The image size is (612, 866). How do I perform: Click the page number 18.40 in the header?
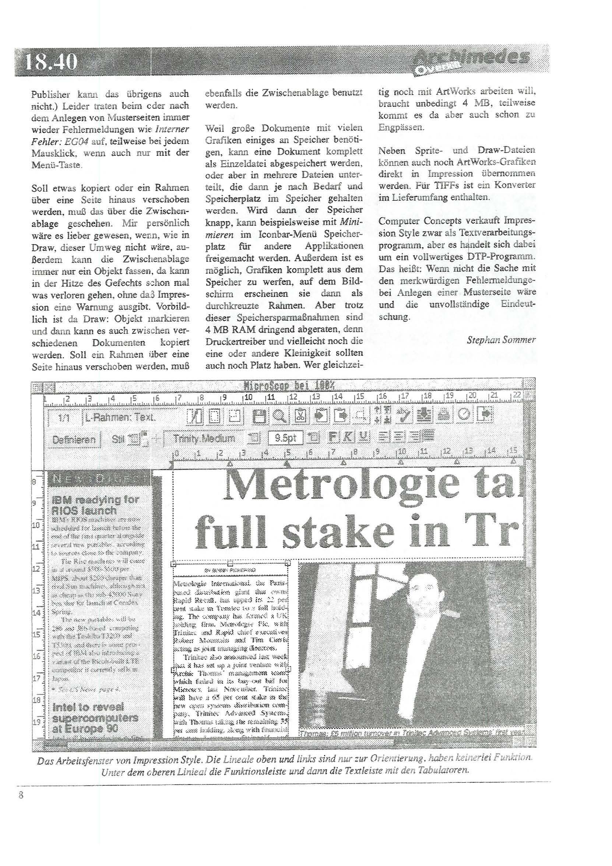point(51,62)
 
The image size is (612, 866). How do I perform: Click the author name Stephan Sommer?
point(501,340)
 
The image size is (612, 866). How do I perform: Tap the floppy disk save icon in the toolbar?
point(260,416)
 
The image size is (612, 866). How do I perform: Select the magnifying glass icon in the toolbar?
point(279,416)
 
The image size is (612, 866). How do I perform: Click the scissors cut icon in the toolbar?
point(300,416)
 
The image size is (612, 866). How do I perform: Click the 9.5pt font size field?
point(285,438)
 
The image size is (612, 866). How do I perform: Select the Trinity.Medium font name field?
point(204,438)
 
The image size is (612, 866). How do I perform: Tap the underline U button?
point(363,437)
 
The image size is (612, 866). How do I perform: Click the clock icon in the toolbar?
point(464,415)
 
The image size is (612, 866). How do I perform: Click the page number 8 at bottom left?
point(21,795)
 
